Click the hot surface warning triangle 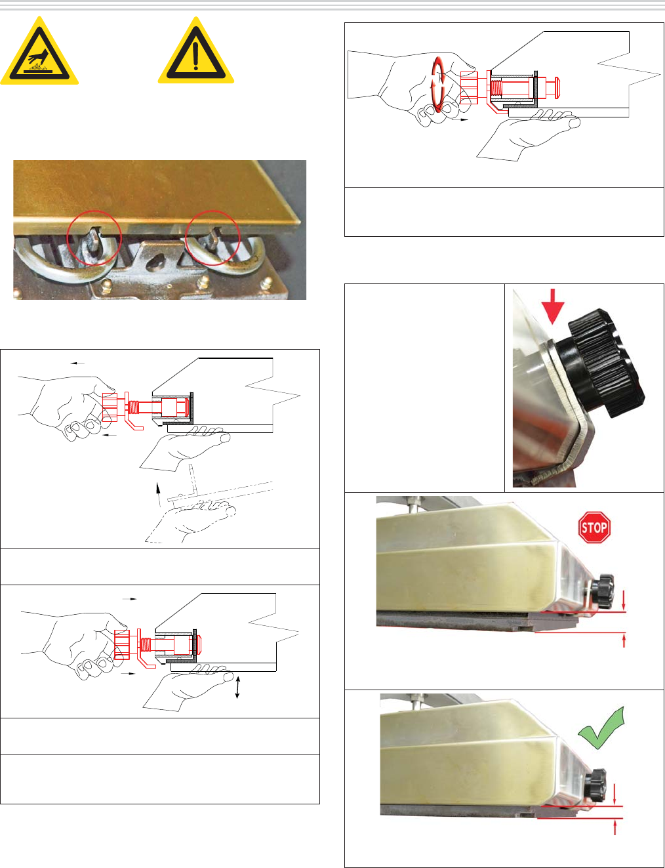point(39,52)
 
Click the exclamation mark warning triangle point(195,52)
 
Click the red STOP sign point(594,527)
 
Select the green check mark point(600,728)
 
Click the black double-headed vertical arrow point(237,687)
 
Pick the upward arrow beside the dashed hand point(159,495)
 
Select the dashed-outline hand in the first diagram point(189,519)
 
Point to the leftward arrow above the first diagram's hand point(77,363)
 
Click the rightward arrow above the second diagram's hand point(129,599)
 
